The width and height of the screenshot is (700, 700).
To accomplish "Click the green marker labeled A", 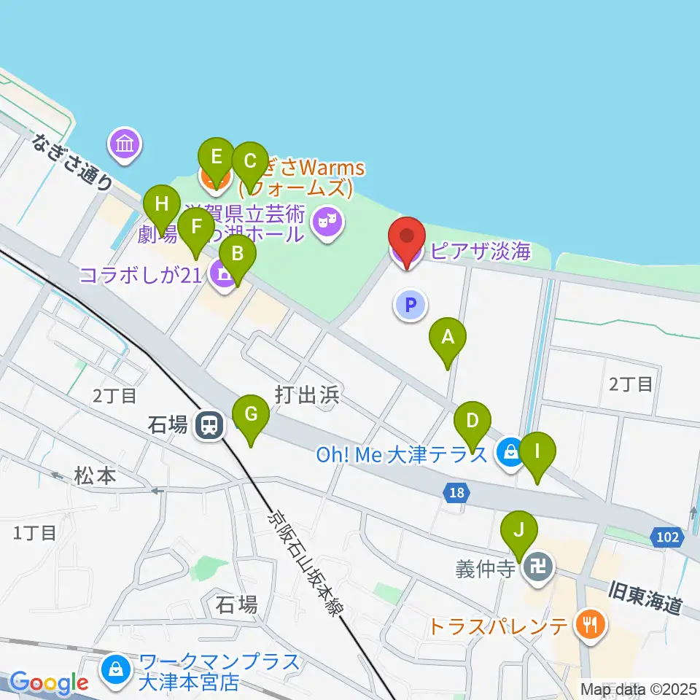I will click(448, 338).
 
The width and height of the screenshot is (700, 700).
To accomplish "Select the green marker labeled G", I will click(251, 415).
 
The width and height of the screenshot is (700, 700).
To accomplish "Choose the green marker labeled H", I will click(161, 205).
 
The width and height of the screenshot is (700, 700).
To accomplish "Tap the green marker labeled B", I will click(238, 254).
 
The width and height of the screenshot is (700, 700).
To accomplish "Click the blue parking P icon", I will click(410, 305).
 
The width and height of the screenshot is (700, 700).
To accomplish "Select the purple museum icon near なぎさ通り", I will click(125, 144).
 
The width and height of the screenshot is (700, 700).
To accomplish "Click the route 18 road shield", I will click(456, 494).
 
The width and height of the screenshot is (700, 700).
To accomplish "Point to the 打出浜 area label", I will click(308, 395).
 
